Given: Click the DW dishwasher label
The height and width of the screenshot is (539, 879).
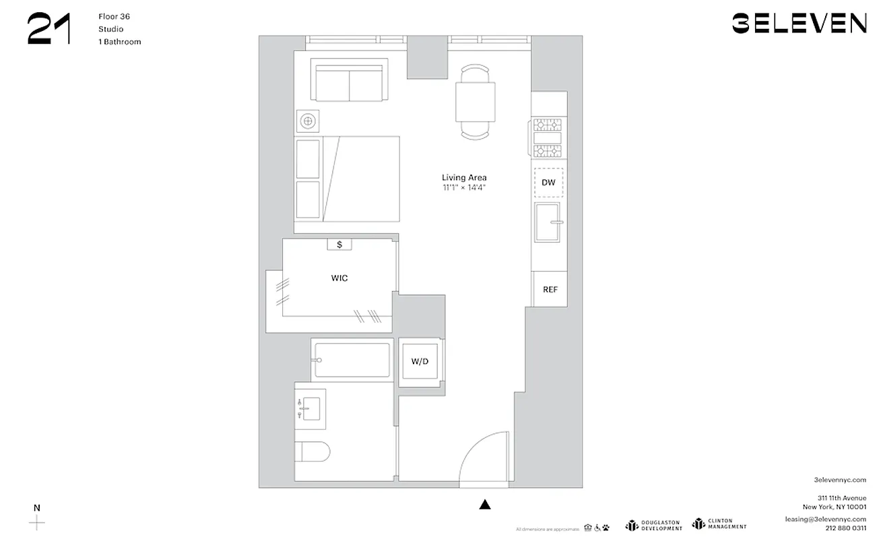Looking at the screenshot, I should [548, 183].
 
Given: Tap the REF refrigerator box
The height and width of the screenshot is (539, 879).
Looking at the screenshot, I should [550, 289].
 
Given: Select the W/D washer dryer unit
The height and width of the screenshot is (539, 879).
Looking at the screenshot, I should [420, 362].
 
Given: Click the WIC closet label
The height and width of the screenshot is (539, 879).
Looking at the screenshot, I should [339, 278].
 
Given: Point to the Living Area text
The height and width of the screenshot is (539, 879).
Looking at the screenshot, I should [464, 178].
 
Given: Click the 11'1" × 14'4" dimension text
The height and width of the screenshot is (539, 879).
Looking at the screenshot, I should [464, 187].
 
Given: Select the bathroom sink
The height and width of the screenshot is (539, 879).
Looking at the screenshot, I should [311, 408].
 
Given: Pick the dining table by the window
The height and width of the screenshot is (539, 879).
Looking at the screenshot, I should [475, 101].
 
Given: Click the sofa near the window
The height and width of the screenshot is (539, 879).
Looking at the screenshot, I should [349, 80].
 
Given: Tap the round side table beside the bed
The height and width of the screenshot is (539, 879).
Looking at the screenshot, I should [308, 121].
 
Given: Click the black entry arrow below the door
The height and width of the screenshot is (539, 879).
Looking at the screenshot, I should [484, 505].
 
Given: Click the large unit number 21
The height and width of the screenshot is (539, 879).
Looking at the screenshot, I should [49, 30].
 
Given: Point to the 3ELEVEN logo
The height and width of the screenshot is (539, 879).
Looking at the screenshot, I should [799, 24].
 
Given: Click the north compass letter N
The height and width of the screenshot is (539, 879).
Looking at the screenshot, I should [37, 508].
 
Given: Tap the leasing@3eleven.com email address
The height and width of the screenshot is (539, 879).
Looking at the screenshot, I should [825, 519].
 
